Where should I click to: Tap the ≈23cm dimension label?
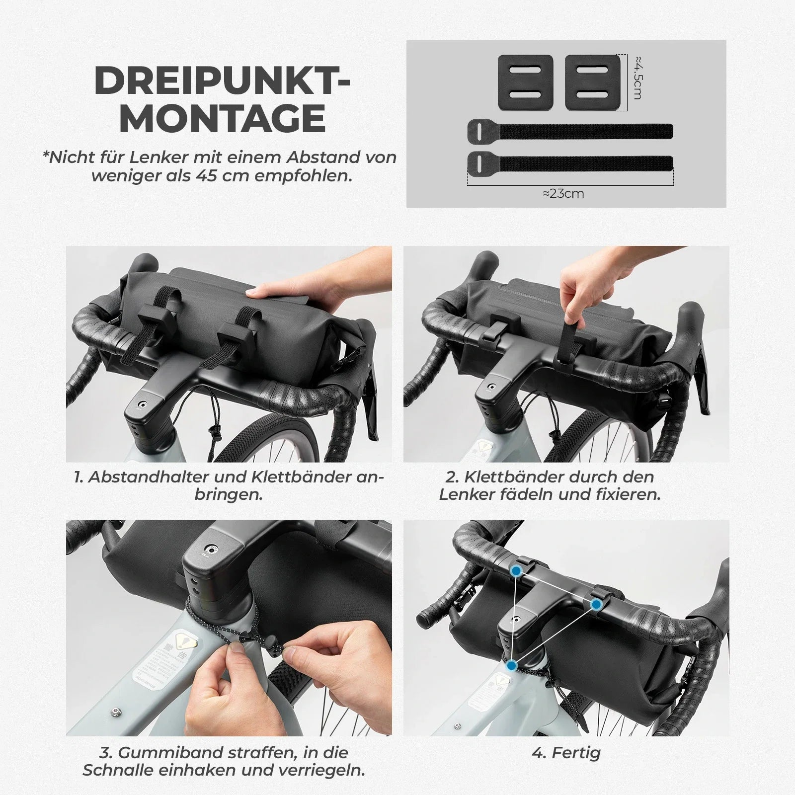563,193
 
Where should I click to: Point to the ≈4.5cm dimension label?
638,78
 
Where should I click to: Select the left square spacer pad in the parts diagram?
525,82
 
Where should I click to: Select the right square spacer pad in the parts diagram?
592,82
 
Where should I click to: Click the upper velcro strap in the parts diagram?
570,131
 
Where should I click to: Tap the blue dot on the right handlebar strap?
596,604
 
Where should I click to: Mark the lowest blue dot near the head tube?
512,665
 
